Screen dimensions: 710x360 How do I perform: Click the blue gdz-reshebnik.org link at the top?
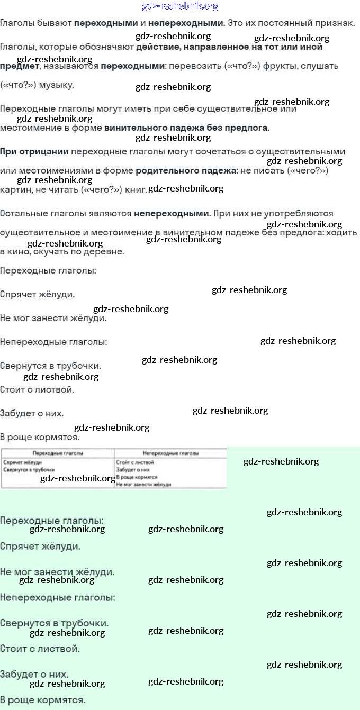point(180,6)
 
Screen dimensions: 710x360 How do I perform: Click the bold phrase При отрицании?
point(34,152)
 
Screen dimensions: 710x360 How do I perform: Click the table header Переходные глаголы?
point(57,453)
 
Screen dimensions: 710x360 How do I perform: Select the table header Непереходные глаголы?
point(170,453)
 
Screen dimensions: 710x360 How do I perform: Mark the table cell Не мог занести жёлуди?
point(143,484)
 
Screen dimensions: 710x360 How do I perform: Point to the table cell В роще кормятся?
point(136,477)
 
